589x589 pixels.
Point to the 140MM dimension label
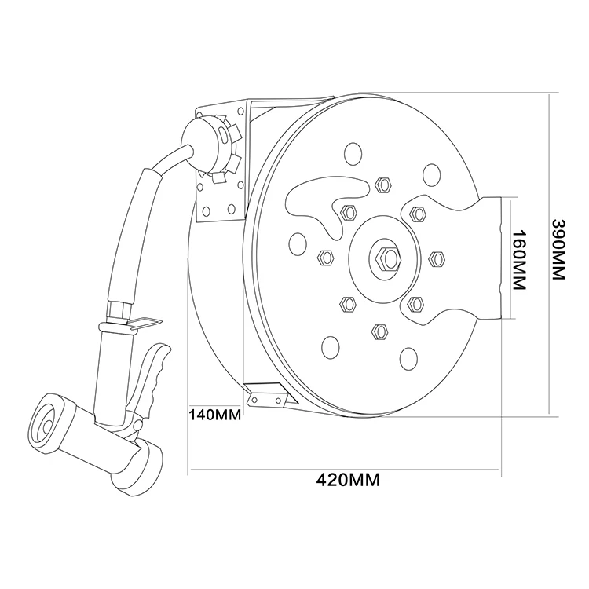click(x=214, y=414)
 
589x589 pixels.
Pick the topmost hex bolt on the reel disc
click(x=383, y=185)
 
